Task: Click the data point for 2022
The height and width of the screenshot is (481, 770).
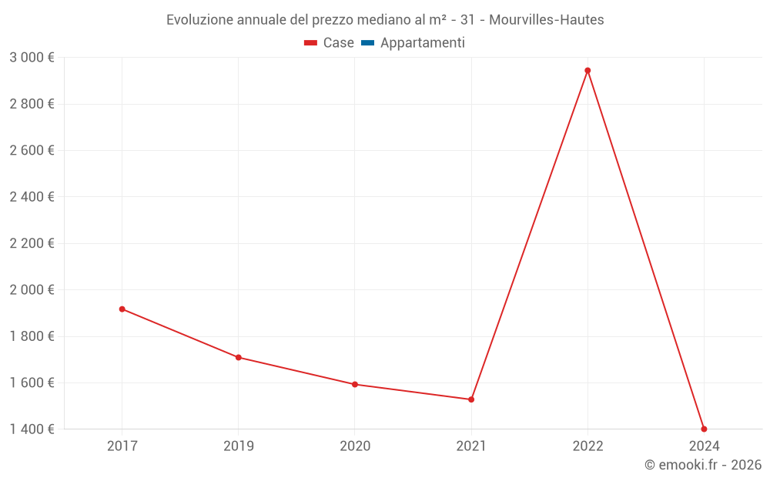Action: [x=588, y=71]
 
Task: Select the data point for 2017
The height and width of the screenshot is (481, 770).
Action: [x=122, y=309]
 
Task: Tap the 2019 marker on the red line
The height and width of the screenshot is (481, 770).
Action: [x=239, y=358]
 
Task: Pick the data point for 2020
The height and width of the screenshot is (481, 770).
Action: [x=355, y=384]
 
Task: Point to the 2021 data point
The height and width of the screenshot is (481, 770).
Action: [x=471, y=399]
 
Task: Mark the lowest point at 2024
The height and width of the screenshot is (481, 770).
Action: [x=704, y=429]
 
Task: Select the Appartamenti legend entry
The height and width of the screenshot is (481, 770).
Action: [x=422, y=43]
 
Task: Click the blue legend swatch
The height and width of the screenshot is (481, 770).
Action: [x=367, y=43]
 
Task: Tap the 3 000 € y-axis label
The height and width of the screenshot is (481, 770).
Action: [x=32, y=58]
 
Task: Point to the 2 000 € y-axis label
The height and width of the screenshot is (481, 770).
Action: [x=32, y=290]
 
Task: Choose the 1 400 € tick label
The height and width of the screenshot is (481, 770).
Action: [x=32, y=429]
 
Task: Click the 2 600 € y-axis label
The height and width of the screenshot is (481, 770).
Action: [x=32, y=151]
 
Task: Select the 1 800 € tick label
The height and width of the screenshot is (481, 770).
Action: [x=32, y=336]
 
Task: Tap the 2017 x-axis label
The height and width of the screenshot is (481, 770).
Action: [x=122, y=446]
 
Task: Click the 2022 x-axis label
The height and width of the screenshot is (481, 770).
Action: [x=588, y=446]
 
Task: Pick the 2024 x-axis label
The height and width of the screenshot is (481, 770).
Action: [x=704, y=446]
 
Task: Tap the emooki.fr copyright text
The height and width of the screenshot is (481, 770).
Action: [x=703, y=465]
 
